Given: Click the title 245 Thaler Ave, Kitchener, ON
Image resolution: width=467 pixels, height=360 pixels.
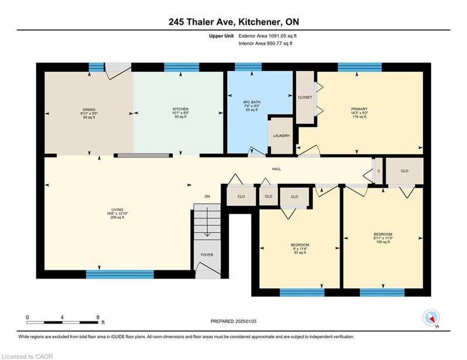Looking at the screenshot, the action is [x=234, y=22].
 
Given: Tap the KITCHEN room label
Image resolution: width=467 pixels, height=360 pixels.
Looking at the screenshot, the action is [x=180, y=109].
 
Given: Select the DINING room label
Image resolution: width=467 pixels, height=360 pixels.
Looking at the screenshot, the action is [x=89, y=110].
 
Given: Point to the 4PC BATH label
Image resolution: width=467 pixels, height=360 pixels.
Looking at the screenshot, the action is [x=252, y=102].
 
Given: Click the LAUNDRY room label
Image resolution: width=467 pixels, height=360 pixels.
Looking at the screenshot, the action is [x=281, y=136].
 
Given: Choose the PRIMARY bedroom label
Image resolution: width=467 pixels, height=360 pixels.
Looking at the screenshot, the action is [x=359, y=109].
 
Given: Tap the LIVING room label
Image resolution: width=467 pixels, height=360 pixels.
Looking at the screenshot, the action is [x=117, y=209].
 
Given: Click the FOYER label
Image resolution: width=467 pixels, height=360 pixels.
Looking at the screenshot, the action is [x=207, y=255].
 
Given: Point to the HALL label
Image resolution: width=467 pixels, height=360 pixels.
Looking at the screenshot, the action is [x=276, y=169].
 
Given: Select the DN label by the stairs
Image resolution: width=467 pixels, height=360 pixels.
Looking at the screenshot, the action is [x=207, y=197].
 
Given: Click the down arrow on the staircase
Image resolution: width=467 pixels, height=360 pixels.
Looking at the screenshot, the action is [x=207, y=222].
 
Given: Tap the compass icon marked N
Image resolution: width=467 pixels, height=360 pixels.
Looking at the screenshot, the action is [x=431, y=318].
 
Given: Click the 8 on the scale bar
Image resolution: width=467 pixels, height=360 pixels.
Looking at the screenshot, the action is [x=98, y=317].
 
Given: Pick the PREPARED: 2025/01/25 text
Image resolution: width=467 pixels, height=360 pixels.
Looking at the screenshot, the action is [x=233, y=321].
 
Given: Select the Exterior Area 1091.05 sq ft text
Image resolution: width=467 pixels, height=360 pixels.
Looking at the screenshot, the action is [x=267, y=36].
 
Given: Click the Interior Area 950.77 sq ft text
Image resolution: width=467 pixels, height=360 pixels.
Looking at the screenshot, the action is [x=266, y=44].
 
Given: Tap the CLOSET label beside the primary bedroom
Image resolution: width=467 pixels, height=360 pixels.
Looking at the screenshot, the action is [x=305, y=97].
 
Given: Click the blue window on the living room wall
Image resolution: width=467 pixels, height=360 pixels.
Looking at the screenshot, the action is [x=120, y=274].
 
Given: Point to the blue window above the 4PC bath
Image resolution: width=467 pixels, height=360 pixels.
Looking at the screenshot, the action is [x=248, y=67].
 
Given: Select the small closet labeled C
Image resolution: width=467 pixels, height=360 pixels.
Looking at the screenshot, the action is [x=379, y=171].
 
